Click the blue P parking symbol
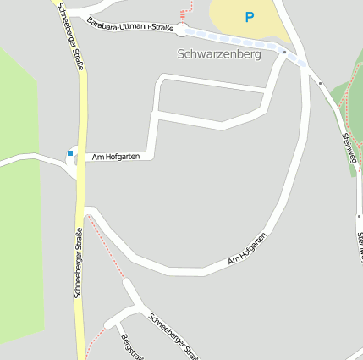(249, 16)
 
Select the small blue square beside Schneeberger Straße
(70, 153)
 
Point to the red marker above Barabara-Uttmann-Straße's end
(182, 14)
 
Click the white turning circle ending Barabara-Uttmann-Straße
(182, 30)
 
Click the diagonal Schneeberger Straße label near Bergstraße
(173, 335)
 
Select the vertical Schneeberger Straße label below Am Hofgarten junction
(79, 261)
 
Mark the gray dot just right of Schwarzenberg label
(285, 53)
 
